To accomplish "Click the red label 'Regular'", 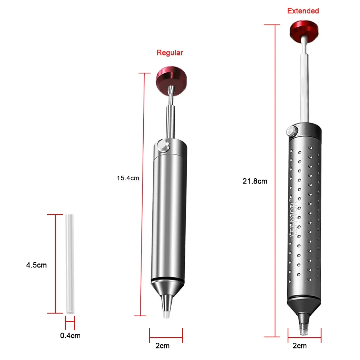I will click(170, 53).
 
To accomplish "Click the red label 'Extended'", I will click(303, 11).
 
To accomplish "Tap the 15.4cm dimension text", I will click(127, 177).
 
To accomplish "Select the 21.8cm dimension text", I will click(255, 181).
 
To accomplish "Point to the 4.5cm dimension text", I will click(36, 265).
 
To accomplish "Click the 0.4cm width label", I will click(70, 336).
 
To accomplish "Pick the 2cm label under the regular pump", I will click(162, 346).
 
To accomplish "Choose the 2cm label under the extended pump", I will click(300, 346).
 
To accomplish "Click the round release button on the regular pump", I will click(163, 147).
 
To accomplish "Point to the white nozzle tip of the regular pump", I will click(166, 314).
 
